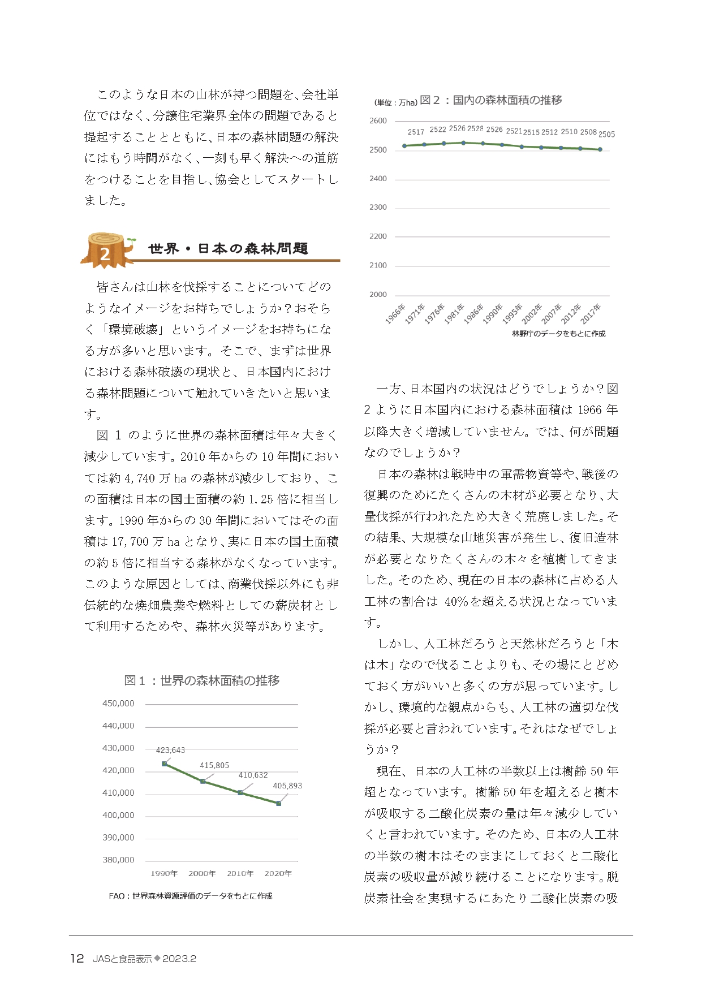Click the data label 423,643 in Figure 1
tap(170, 750)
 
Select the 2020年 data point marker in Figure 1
tap(278, 803)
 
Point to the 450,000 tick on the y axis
tap(118, 704)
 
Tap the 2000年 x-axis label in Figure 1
tap(202, 873)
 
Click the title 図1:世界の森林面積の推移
tap(202, 680)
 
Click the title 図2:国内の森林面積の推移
tap(491, 100)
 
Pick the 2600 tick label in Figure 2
tap(378, 120)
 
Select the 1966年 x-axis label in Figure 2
tap(395, 314)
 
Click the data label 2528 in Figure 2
tap(476, 128)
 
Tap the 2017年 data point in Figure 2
tap(600, 149)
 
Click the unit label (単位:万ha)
tap(395, 102)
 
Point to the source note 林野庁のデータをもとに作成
tap(558, 334)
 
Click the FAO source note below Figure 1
tap(190, 896)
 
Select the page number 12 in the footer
tap(77, 959)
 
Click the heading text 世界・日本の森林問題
tap(228, 248)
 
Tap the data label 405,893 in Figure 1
tap(287, 786)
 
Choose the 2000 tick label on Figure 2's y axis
tap(378, 294)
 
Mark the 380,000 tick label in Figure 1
tap(118, 860)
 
